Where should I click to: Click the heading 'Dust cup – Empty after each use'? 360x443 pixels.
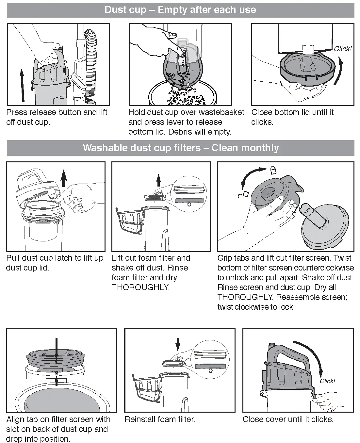tap(180, 10)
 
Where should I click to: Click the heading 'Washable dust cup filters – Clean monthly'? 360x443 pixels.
tap(181, 148)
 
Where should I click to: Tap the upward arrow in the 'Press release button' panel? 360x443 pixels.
tap(22, 85)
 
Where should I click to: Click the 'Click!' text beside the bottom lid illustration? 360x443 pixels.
tap(342, 49)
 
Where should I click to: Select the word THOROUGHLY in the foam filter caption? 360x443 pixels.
tap(140, 287)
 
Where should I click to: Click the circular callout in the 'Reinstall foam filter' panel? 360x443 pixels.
tap(210, 359)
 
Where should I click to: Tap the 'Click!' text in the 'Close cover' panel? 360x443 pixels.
tap(327, 381)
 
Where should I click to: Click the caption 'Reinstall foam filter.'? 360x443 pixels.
tap(160, 419)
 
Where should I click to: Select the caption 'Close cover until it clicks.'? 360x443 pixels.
tap(288, 419)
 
